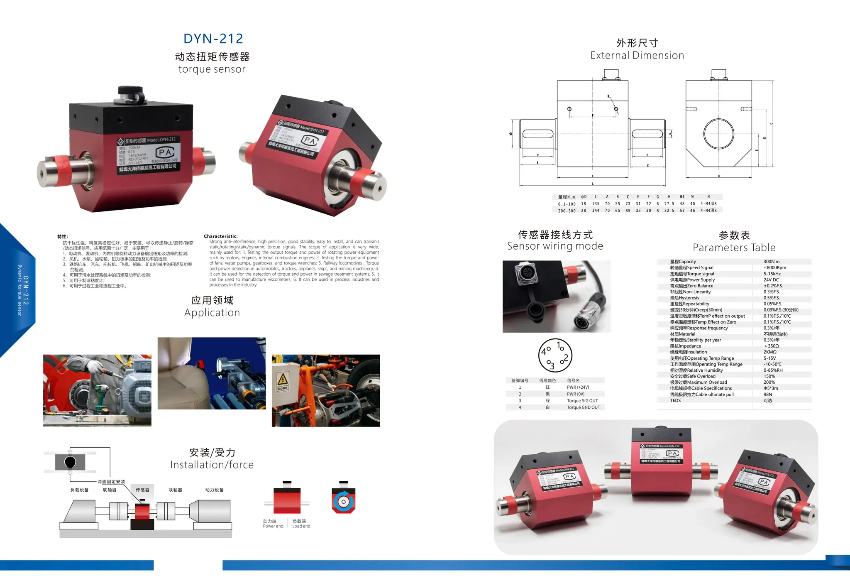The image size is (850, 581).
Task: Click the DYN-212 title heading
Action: (213, 39)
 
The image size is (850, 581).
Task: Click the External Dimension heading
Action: (637, 55)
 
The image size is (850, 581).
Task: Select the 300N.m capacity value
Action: (771, 262)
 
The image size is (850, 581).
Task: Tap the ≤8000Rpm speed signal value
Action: (774, 268)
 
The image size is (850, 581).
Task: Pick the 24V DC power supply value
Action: (771, 280)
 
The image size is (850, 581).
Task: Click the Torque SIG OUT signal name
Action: (582, 401)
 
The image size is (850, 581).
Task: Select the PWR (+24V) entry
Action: (578, 387)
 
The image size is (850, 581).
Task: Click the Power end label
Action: (273, 526)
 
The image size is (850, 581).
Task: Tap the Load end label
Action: (301, 526)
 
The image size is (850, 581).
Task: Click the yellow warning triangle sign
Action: (282, 379)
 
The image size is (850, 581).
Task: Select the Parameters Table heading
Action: (734, 248)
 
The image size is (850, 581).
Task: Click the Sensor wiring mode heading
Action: (555, 246)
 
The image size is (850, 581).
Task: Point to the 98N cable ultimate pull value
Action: (767, 395)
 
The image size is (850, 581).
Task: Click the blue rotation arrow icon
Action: (343, 501)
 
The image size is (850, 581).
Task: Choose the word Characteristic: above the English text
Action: (220, 236)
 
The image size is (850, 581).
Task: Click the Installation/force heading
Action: (212, 465)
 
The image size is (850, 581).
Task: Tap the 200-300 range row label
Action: (566, 211)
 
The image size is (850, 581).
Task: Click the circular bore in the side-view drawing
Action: (718, 134)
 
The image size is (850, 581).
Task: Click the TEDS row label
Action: (675, 400)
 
